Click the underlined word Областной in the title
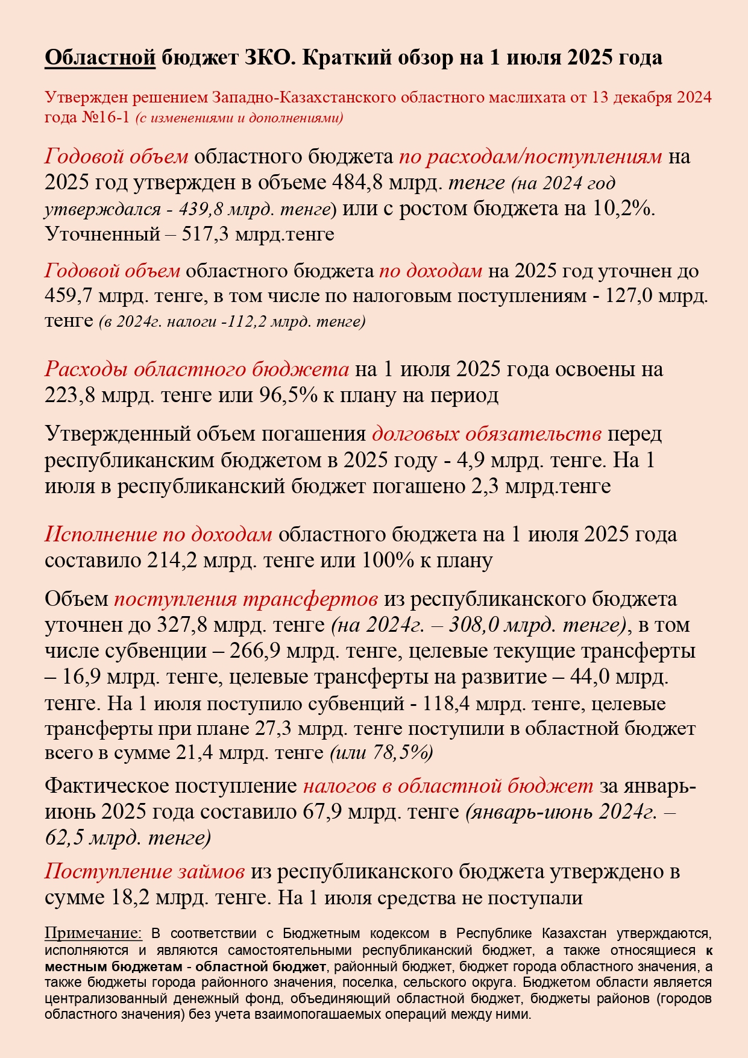pyautogui.click(x=100, y=58)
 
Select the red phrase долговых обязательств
pyautogui.click(x=486, y=434)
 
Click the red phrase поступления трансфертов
pyautogui.click(x=246, y=599)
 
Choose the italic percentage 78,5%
pyautogui.click(x=406, y=753)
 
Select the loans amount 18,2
pyautogui.click(x=130, y=898)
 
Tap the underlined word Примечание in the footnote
pyautogui.click(x=93, y=934)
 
